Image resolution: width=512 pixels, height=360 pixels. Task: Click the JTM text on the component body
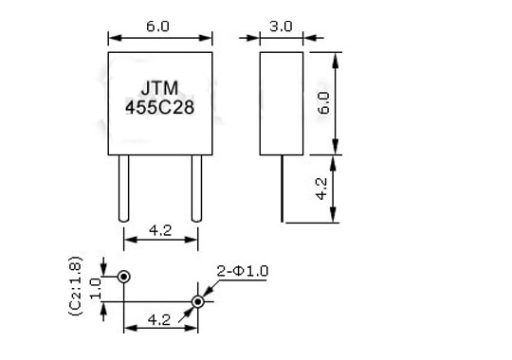click(159, 88)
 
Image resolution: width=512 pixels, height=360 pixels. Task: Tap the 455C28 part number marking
click(159, 107)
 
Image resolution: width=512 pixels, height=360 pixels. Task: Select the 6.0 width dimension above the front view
click(157, 27)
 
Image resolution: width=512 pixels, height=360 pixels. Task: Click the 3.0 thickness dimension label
click(281, 27)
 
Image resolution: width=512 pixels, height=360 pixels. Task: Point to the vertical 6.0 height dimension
click(323, 103)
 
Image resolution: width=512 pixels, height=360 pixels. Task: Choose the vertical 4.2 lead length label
click(321, 189)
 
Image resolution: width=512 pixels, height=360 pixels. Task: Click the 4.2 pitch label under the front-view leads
click(160, 230)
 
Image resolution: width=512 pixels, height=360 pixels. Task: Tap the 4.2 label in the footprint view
click(159, 320)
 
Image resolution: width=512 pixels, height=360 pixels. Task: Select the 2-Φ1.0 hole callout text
click(243, 271)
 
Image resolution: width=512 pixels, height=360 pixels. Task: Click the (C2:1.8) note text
click(76, 286)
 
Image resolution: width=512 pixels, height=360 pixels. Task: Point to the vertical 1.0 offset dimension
click(96, 288)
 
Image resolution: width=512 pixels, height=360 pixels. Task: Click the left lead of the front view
click(123, 189)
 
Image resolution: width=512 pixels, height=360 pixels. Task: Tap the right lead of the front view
click(196, 189)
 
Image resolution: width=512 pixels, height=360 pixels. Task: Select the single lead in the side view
click(282, 189)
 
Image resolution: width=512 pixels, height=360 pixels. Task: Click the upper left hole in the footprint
click(124, 277)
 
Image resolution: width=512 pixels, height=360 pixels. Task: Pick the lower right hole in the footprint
click(198, 301)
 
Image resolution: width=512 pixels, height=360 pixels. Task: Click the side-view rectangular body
click(282, 103)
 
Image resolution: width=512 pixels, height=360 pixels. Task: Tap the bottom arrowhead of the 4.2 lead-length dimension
click(333, 216)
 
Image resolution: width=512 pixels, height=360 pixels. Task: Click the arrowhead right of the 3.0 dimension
click(309, 38)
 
